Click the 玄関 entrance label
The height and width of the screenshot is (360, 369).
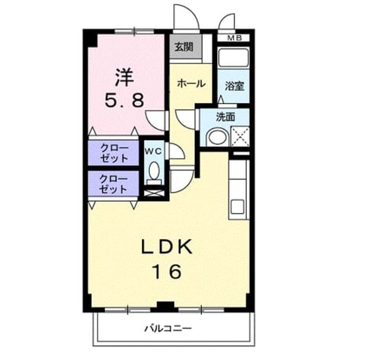click(184, 47)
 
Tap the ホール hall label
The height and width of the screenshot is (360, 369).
click(191, 83)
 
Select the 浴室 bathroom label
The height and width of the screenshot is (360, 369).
click(234, 86)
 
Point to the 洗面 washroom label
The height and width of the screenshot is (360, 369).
click(225, 117)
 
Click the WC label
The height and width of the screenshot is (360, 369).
click(153, 151)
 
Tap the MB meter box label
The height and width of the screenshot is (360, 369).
click(235, 38)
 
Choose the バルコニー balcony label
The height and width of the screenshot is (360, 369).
click(168, 328)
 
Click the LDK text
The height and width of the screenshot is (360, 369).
click(166, 247)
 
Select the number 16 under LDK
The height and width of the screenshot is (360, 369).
click(167, 271)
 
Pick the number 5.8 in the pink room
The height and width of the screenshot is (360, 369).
click(124, 100)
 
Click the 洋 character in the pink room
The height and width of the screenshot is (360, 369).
click(125, 77)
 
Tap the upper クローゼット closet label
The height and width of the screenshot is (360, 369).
click(114, 153)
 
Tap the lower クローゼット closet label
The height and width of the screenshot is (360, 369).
click(113, 184)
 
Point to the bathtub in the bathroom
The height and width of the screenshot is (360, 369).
click(233, 58)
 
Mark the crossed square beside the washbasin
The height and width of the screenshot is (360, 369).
click(240, 136)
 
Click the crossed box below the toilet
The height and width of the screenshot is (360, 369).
click(154, 193)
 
